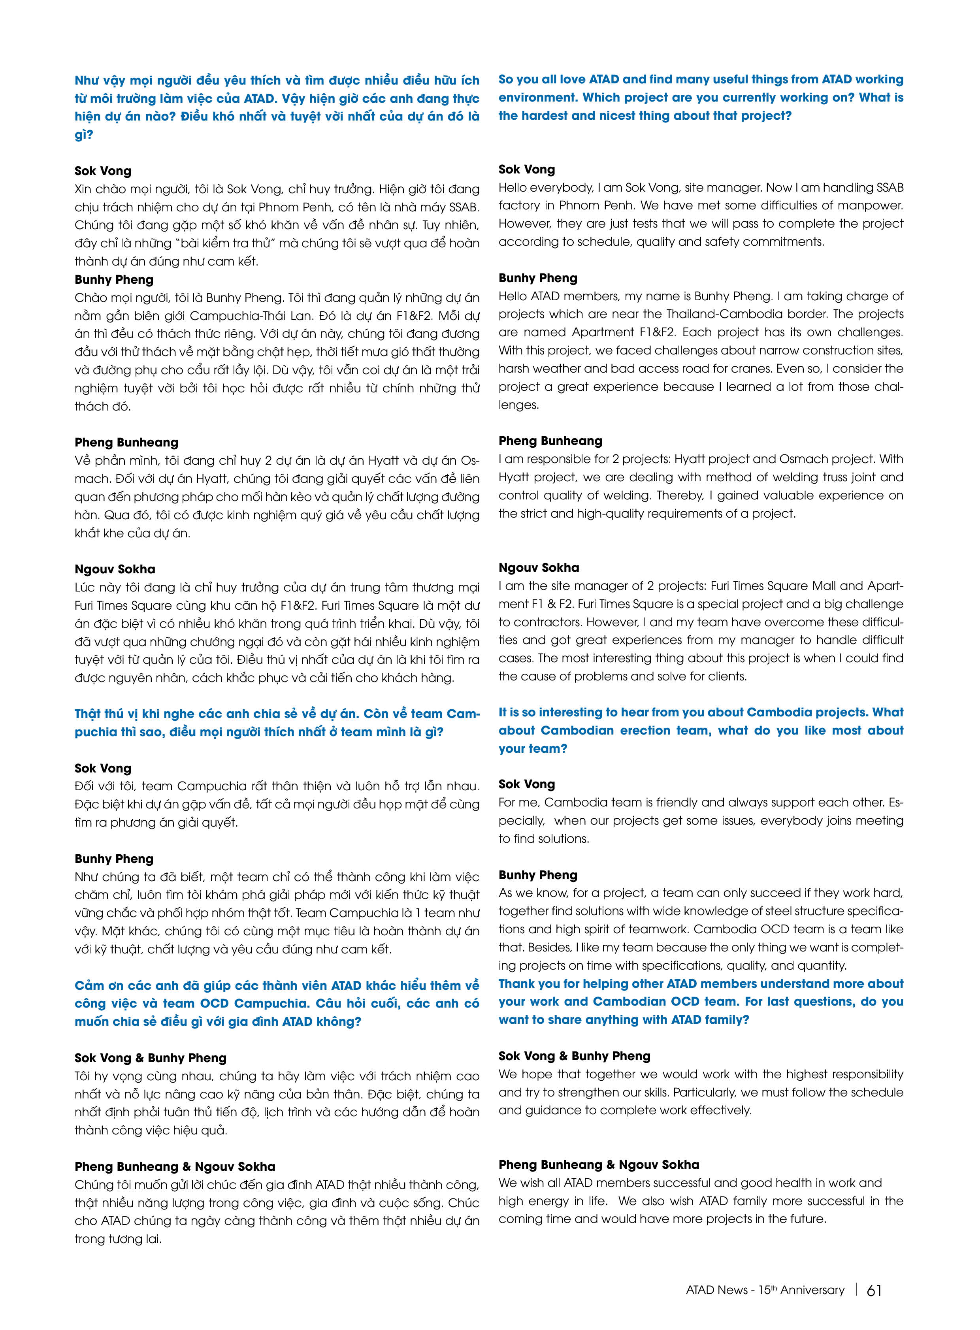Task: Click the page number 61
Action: click(874, 1290)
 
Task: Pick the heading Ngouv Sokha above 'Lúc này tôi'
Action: click(115, 569)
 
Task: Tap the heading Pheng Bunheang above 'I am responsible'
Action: click(550, 441)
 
